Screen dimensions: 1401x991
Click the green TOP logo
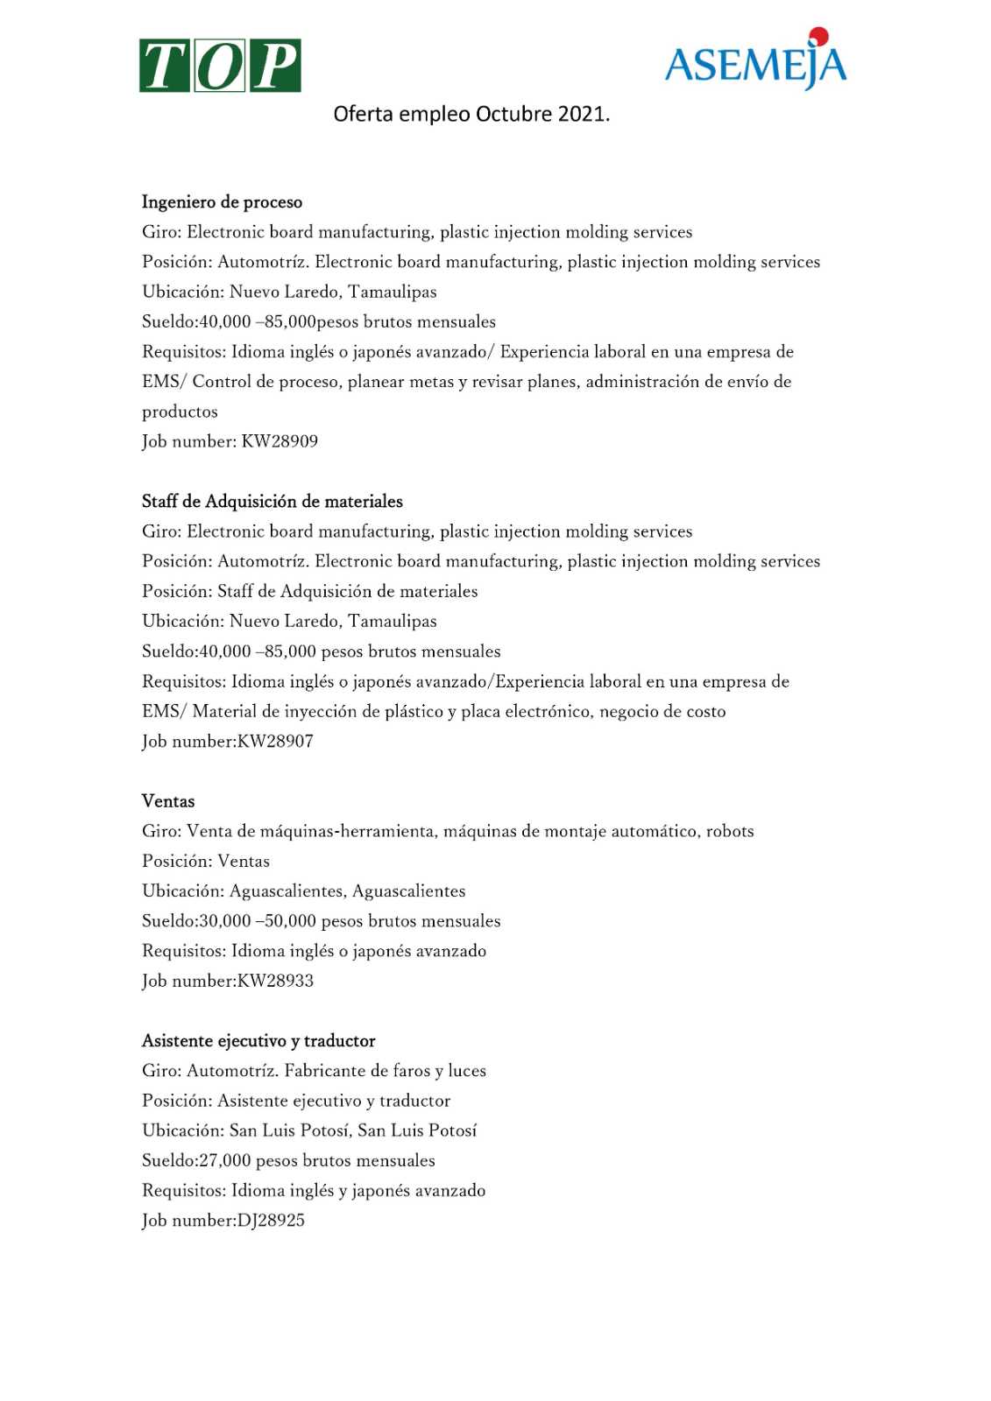point(220,66)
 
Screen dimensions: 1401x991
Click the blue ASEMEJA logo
point(755,63)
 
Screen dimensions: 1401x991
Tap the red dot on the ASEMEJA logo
point(818,36)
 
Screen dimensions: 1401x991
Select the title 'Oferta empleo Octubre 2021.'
point(471,115)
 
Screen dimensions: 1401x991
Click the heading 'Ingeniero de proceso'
point(222,202)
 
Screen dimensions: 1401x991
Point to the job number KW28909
point(280,441)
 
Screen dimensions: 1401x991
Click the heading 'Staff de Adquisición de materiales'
point(273,502)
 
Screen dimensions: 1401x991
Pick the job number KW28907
point(275,742)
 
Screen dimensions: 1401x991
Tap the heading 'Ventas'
point(168,801)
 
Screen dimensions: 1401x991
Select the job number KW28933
point(275,981)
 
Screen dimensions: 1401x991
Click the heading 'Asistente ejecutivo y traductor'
point(258,1041)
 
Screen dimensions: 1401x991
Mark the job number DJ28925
point(271,1221)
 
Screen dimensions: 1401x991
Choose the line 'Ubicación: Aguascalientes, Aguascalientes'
point(304,891)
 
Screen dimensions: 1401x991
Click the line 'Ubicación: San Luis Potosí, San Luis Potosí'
point(309,1130)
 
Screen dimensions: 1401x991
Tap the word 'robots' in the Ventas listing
point(730,831)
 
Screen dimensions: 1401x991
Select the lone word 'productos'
point(180,412)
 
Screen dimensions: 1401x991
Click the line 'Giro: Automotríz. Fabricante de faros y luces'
point(314,1071)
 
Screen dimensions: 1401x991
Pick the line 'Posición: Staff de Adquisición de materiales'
point(310,592)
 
